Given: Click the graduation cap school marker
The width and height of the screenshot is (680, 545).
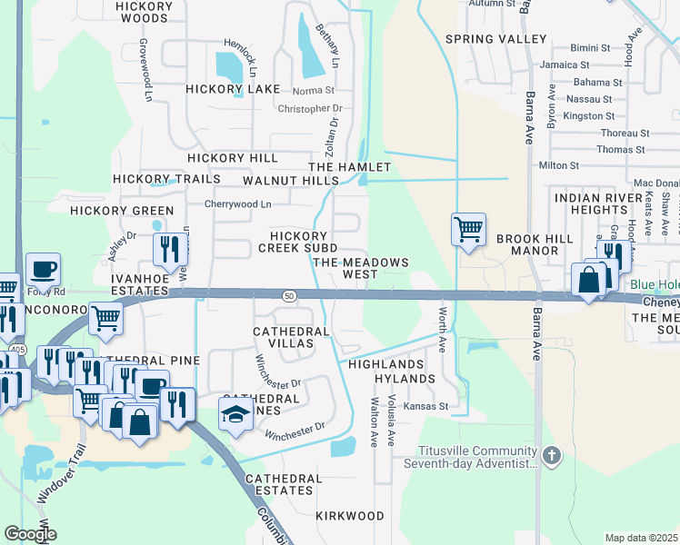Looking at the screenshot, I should [235, 416].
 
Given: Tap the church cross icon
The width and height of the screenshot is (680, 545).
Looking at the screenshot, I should [551, 453].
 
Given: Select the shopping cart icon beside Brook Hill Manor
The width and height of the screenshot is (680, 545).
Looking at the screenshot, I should [468, 230].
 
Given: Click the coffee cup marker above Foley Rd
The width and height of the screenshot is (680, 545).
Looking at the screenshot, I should [43, 270].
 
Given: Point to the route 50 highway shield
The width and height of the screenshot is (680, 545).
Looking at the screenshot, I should [289, 295].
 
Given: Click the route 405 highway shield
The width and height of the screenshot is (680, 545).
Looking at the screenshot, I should [17, 348].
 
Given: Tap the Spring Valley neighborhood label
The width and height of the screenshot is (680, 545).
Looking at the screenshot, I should [495, 39].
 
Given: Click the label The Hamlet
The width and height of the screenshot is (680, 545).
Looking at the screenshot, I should [350, 167].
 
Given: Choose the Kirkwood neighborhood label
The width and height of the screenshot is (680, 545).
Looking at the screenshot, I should [350, 516].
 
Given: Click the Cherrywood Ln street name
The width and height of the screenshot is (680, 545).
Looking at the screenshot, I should [237, 204].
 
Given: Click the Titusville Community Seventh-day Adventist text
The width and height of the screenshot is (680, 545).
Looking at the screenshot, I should [477, 458].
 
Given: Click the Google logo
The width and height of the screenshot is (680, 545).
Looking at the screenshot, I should [29, 534].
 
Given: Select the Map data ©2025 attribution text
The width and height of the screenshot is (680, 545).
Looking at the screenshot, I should [641, 538].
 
